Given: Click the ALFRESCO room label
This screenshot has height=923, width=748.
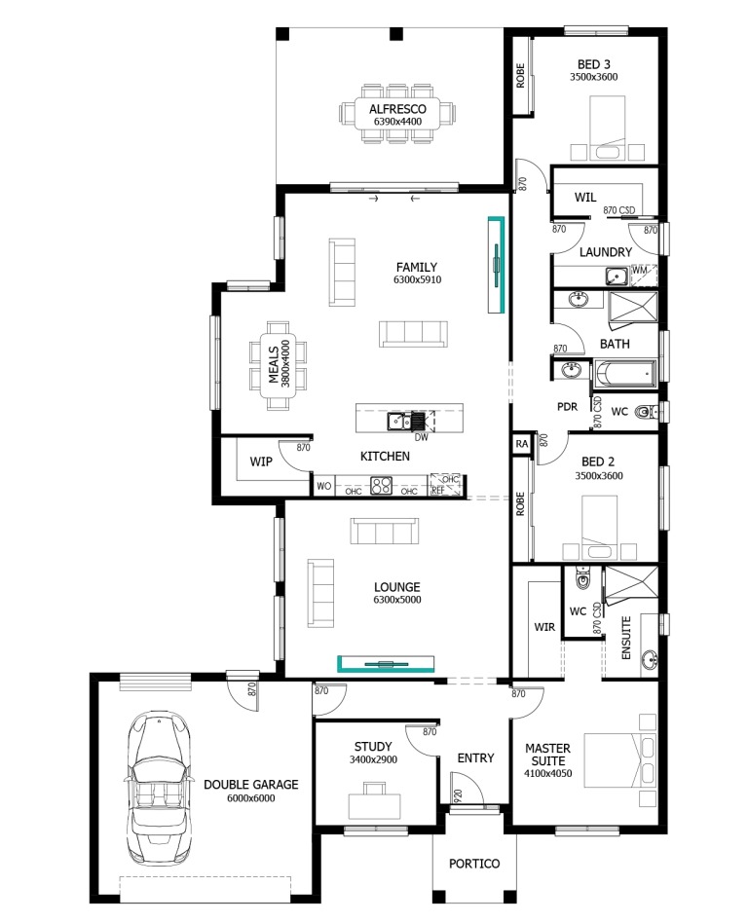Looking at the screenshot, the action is pos(397,109).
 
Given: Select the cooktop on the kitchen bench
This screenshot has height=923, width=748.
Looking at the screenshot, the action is pos(381,486).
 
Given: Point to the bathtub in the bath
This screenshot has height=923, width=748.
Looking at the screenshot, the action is pos(625,374).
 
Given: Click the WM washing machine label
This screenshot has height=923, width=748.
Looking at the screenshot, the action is pos(639,270).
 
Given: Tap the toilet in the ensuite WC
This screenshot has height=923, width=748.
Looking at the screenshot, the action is pos(582,578).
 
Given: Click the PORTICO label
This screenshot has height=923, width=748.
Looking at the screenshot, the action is pos(474,864).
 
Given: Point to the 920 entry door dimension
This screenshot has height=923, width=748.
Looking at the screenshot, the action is pos(458,795).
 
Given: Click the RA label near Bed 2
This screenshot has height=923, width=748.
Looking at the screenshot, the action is pos(522,444).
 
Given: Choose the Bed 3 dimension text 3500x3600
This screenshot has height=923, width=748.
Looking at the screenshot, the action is pos(594,77).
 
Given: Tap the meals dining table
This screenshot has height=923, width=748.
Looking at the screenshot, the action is pos(278,365).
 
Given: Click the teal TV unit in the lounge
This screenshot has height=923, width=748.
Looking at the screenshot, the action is pos(386,663).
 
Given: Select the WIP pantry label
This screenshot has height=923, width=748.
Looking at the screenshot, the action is pos(261,461).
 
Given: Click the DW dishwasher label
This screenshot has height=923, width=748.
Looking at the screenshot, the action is pos(421,437).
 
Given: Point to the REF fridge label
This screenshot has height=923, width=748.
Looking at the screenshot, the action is pos(438,490).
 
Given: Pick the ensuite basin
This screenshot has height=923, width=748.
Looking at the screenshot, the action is pos(649,659).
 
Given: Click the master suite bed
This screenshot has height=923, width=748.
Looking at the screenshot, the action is pos(619,760).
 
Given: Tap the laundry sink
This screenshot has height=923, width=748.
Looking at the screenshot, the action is pos(617,276).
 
